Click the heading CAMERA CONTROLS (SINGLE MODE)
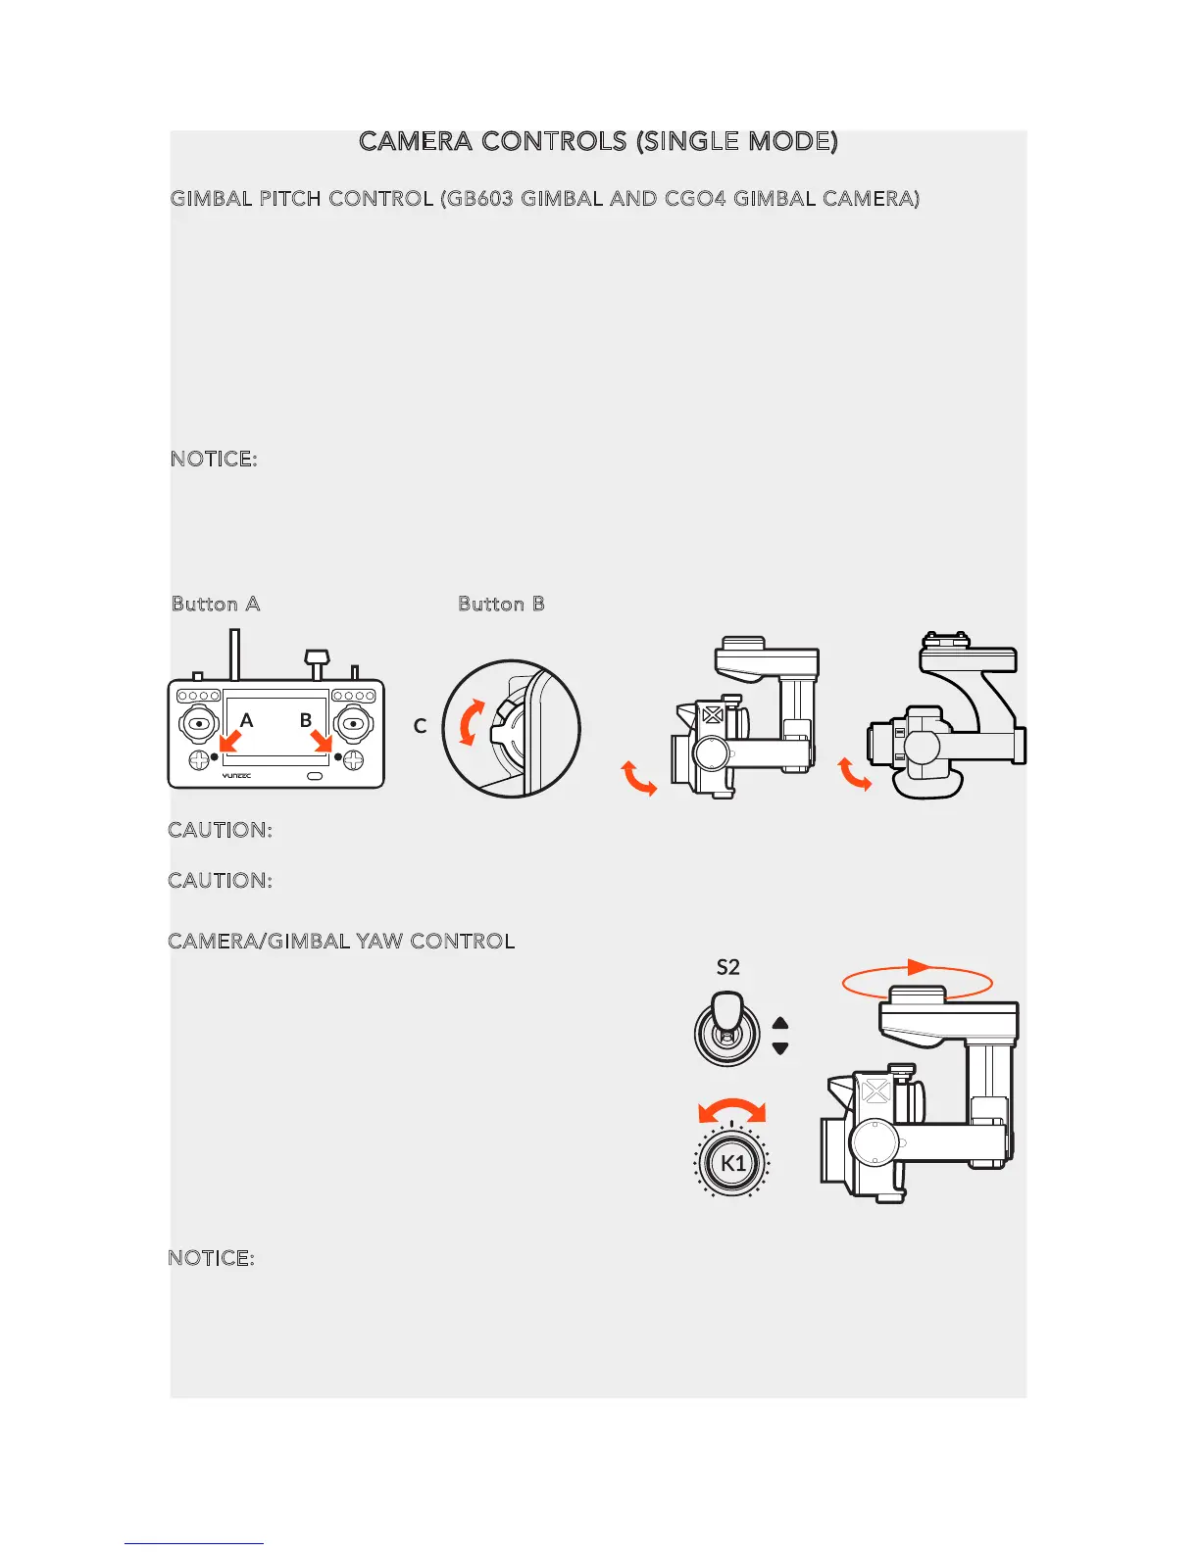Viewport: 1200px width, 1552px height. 598,142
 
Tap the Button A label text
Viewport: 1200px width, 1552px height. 216,605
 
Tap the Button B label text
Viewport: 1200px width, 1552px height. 501,605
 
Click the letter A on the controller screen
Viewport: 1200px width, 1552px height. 247,720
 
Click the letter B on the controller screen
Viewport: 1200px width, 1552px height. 306,720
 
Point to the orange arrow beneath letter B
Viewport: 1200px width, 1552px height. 322,742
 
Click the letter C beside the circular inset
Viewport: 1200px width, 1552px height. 420,726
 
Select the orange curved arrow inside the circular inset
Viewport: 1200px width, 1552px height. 471,723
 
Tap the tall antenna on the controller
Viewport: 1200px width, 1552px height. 235,655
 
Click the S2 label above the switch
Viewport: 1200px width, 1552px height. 727,968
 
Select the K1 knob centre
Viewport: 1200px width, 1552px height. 732,1163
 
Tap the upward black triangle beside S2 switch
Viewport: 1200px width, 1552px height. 780,1023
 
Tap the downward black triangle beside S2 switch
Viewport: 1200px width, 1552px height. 780,1048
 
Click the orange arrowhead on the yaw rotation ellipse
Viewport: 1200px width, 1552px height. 919,967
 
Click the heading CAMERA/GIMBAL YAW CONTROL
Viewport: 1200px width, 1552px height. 341,942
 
